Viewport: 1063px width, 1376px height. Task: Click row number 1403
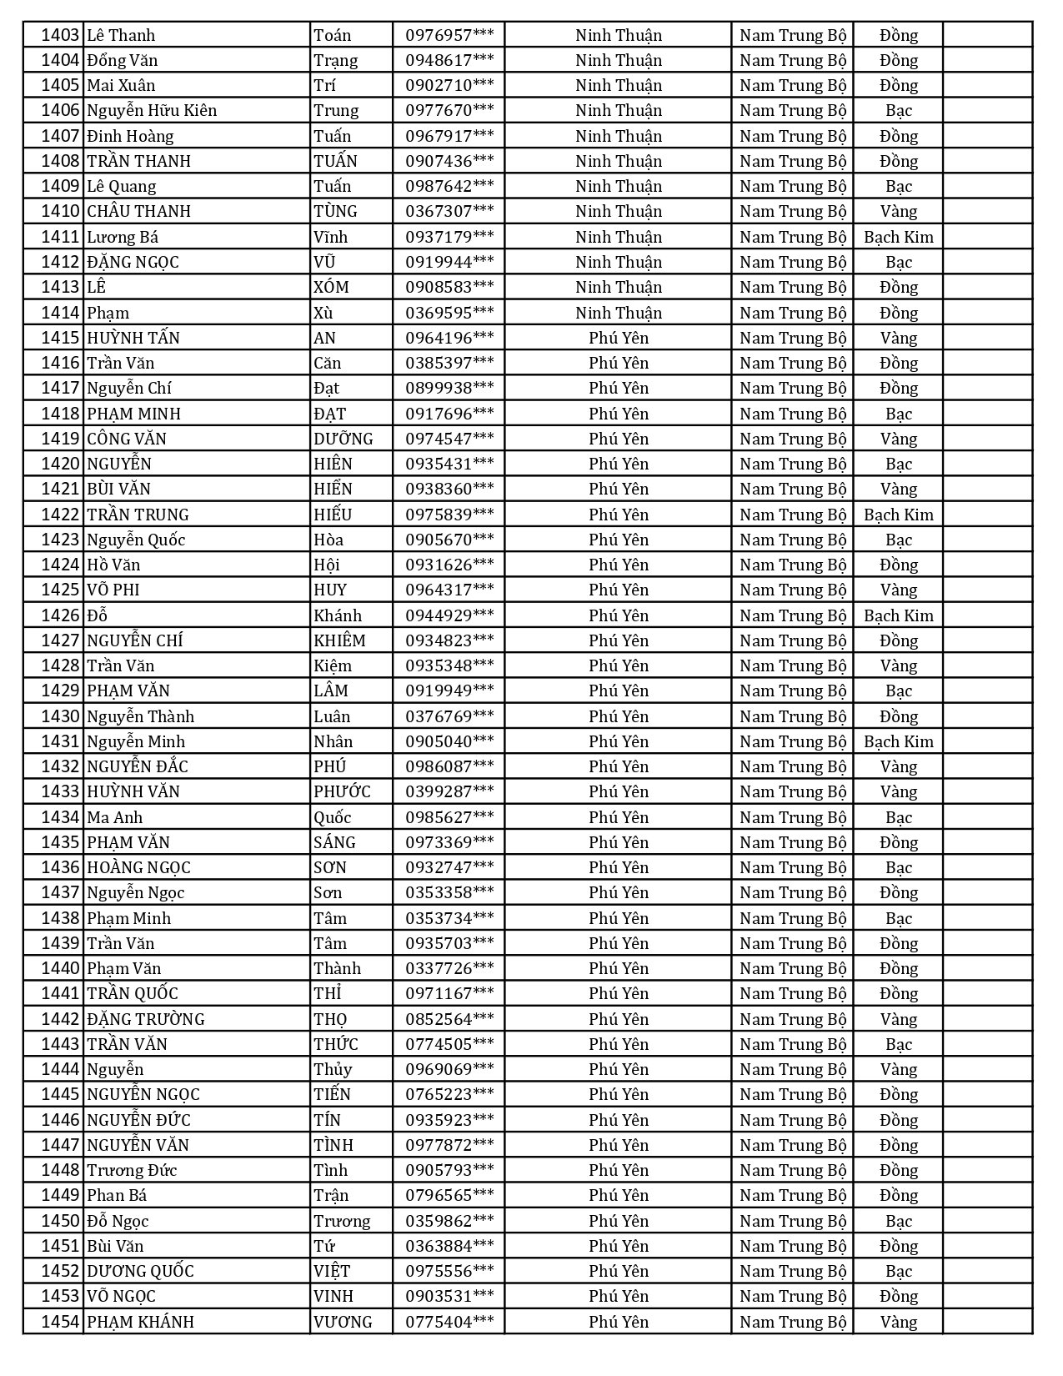60,35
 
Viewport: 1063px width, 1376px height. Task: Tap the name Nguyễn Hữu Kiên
152,110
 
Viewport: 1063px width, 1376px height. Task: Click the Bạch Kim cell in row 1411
898,237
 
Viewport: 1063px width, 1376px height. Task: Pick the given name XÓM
331,287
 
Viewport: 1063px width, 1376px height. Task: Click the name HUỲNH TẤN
133,338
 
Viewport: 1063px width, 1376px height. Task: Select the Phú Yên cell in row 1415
618,338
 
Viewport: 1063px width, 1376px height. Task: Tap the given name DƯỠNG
343,439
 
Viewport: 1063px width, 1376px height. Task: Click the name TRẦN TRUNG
138,515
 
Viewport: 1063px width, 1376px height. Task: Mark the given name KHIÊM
339,640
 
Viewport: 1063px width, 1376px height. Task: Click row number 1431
60,741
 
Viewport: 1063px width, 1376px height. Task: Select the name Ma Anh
115,817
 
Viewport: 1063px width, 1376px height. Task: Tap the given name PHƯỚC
342,791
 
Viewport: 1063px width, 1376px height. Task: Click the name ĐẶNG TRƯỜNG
146,1019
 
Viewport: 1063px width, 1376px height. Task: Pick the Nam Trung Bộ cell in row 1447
792,1145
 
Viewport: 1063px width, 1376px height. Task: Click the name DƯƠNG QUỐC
140,1271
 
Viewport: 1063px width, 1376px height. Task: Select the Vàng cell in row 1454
898,1322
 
